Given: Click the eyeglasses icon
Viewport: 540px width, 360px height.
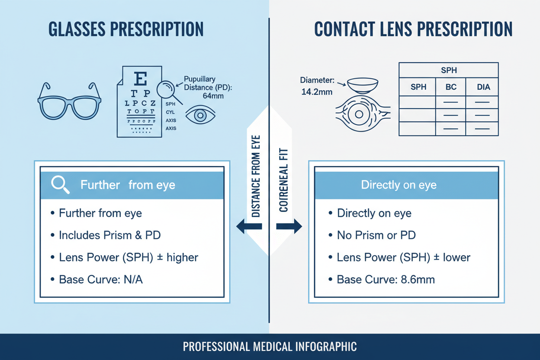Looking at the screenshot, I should pos(69,103).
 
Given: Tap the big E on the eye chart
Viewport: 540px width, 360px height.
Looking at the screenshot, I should pos(141,79).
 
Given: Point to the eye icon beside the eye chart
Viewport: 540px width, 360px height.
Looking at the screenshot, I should pos(200,115).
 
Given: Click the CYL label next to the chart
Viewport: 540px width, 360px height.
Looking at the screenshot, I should pos(170,112).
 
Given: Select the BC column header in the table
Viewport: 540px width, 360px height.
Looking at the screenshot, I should pos(451,87).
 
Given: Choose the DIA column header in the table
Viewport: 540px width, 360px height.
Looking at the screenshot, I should pos(483,87).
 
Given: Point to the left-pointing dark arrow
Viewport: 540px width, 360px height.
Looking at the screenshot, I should pos(249,226).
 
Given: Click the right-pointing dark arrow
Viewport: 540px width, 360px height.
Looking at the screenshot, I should pos(289,226).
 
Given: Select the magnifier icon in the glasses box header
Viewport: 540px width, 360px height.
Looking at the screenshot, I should pos(60,185).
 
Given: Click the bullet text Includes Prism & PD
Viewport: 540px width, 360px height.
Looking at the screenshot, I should pos(110,235).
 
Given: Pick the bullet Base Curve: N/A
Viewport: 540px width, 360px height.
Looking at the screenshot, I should pos(101,280).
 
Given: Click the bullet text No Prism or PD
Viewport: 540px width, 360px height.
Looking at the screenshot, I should pos(376,235).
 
